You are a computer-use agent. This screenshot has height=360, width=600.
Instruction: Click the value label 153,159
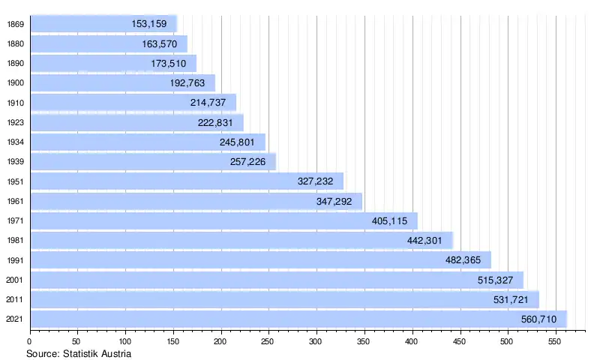(x=148, y=25)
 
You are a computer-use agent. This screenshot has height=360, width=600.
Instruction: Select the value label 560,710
(x=538, y=319)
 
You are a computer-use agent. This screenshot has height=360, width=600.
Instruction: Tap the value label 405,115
(x=389, y=220)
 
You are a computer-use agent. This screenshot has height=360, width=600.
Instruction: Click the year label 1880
(x=13, y=44)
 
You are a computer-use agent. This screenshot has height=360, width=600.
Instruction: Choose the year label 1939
(x=13, y=162)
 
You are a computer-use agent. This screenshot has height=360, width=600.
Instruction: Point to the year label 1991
(x=13, y=260)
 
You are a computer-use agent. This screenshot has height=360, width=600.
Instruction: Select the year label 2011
(x=13, y=300)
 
